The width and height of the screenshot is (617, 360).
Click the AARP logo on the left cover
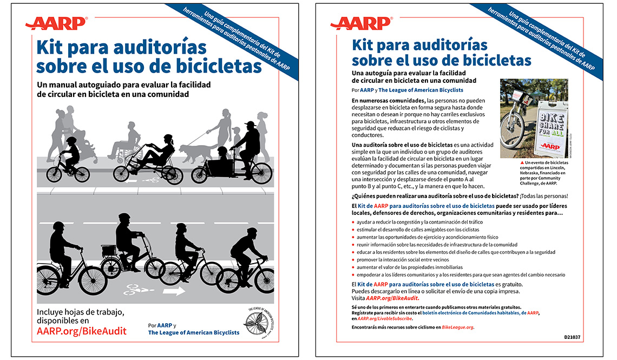coord(56,23)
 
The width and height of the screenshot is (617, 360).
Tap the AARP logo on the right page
coord(361,23)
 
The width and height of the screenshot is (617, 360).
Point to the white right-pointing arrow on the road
coord(174,291)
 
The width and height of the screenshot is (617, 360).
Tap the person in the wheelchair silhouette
coord(126,143)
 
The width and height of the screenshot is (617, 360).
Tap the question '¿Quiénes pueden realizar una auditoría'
coord(417,196)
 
